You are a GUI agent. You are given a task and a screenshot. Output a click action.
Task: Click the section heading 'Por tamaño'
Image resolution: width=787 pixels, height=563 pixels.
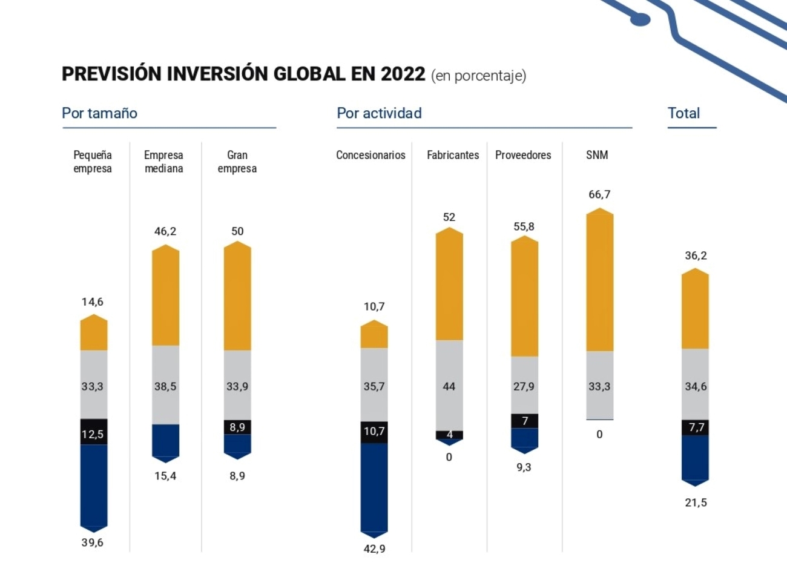99,113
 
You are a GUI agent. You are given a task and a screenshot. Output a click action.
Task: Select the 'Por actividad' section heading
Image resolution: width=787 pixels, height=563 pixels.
379,113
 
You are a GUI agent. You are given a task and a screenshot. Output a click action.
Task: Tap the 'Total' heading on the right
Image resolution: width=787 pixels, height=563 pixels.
683,113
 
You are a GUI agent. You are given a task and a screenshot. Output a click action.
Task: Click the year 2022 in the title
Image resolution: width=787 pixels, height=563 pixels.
403,74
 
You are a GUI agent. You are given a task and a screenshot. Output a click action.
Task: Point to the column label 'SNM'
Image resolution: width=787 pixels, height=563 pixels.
596,155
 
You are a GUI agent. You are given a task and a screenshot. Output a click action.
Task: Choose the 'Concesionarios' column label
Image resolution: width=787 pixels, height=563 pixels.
370,155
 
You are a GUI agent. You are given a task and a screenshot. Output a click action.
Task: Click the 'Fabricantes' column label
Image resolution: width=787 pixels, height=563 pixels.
453,155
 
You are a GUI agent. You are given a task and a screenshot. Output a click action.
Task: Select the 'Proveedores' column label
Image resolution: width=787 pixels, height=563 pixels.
523,155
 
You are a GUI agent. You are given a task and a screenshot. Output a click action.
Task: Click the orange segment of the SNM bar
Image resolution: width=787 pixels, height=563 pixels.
599,281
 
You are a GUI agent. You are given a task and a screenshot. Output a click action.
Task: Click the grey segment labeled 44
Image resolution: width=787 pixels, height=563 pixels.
449,385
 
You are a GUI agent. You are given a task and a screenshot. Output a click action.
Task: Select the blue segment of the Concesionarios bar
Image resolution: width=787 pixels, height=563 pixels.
374,487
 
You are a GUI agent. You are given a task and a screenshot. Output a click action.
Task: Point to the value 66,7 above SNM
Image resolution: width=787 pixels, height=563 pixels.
599,194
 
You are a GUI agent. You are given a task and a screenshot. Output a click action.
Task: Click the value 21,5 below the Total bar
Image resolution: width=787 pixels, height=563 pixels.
696,502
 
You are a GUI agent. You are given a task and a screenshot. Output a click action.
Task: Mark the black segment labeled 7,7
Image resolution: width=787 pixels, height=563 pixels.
696,427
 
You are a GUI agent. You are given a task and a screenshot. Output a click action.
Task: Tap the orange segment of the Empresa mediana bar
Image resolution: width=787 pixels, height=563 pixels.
165,297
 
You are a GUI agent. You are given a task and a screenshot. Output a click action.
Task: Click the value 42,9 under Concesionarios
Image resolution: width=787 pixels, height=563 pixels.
374,548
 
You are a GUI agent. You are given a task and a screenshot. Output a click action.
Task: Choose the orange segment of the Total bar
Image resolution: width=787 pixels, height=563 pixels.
695,310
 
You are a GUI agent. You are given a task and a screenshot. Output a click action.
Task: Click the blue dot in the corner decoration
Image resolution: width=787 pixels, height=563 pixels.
639,20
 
